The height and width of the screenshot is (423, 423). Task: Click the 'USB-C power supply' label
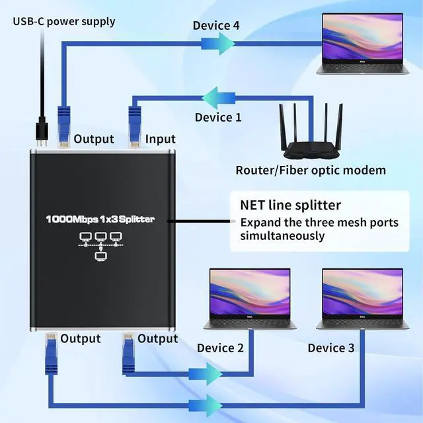coord(64,21)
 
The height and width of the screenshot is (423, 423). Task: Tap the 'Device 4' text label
coord(215,26)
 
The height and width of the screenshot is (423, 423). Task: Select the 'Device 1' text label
coord(218,117)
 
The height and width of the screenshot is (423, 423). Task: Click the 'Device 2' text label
coord(220,348)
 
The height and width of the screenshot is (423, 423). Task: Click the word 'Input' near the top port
coord(161,139)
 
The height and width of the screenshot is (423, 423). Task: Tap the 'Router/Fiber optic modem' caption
coord(311,170)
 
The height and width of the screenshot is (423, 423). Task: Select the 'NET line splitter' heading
coord(290,205)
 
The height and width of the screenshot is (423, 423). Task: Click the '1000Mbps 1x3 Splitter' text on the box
coord(100,219)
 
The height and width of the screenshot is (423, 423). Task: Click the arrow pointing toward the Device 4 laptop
coord(219,43)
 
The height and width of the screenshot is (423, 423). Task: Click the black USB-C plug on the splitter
coord(42,130)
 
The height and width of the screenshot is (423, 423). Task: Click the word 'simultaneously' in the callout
coord(282,236)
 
